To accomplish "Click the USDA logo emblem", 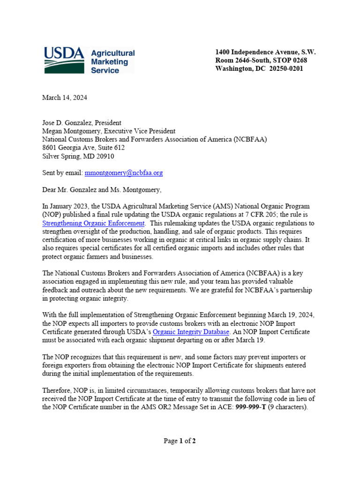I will (x=64, y=60).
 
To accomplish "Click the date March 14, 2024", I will (x=65, y=97).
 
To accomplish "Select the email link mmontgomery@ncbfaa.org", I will (x=124, y=173).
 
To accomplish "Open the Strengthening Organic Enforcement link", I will (x=93, y=224).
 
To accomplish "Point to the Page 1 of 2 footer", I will (x=180, y=441).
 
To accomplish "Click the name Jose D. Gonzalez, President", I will (x=82, y=123).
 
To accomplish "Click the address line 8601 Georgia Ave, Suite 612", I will (x=83, y=148).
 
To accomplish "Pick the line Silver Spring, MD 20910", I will (x=78, y=156).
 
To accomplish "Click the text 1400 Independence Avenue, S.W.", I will (x=265, y=52).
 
